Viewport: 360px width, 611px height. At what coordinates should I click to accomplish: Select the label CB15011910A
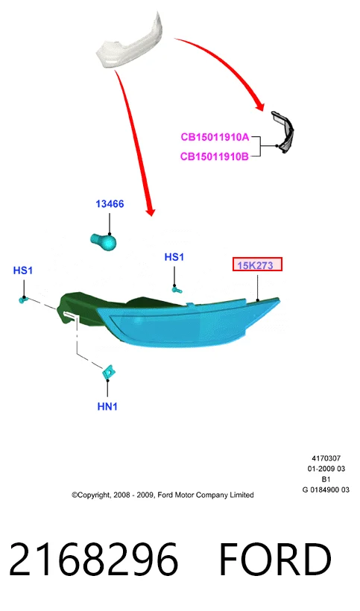pos(215,137)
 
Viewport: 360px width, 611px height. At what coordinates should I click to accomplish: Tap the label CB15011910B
pos(215,156)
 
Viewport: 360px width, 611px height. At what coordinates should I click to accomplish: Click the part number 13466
pos(110,204)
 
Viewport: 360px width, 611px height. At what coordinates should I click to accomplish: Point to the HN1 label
pos(107,406)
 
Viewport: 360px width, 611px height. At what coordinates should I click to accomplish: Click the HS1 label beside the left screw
pos(23,270)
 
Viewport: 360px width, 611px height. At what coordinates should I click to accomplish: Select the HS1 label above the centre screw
pos(174,257)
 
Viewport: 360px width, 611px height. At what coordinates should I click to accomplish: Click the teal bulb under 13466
pos(104,241)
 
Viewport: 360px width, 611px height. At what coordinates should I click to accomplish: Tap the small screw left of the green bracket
pos(23,300)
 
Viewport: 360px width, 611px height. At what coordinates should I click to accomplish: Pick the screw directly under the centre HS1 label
pos(177,289)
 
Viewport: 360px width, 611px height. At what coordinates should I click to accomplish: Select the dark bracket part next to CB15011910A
pos(283,132)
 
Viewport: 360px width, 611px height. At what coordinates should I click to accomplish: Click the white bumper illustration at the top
pos(130,43)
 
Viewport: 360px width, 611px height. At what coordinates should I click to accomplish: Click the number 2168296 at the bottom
pos(93,559)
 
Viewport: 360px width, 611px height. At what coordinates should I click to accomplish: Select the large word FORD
pos(275,559)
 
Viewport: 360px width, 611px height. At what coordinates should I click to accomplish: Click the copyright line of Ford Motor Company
pos(162,495)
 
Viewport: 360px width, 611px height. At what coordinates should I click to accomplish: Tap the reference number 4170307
pos(326,458)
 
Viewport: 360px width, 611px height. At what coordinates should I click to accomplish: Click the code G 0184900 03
pos(326,490)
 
